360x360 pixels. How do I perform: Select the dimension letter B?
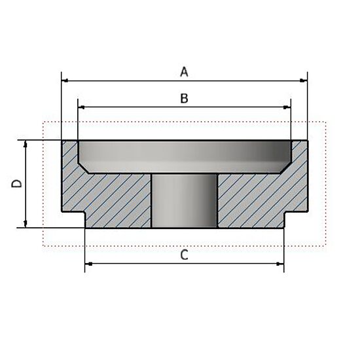184,98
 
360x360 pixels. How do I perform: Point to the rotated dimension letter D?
18,184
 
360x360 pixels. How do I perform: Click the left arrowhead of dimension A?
65,81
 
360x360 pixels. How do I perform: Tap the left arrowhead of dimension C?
90,264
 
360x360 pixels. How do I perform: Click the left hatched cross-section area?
111,196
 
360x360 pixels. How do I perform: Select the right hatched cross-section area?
259,196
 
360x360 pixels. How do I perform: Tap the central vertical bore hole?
184,200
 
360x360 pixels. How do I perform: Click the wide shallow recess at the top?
184,156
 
